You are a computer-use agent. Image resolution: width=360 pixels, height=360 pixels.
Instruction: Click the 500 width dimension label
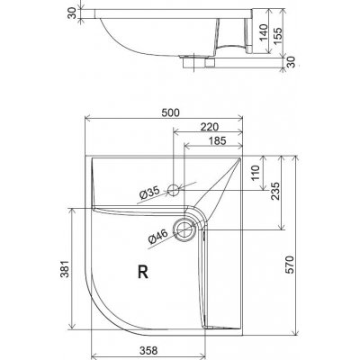pyautogui.click(x=170, y=112)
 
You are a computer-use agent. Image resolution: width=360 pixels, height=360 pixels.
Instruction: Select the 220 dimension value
pyautogui.click(x=210, y=127)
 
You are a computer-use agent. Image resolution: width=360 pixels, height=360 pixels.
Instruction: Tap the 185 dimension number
pyautogui.click(x=217, y=140)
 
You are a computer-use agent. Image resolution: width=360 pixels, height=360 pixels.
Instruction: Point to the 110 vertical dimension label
pyautogui.click(x=255, y=173)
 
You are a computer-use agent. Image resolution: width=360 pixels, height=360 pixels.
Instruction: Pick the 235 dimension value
pyautogui.click(x=275, y=191)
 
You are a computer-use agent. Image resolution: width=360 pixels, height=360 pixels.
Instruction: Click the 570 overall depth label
pyautogui.click(x=290, y=265)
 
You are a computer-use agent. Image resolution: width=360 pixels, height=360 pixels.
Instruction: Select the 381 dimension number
pyautogui.click(x=65, y=268)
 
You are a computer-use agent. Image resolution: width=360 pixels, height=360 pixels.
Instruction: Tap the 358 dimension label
pyautogui.click(x=148, y=350)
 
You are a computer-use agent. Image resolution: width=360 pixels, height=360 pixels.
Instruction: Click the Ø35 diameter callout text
pyautogui.click(x=149, y=193)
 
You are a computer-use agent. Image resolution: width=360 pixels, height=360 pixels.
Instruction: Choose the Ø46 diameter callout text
pyautogui.click(x=158, y=236)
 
